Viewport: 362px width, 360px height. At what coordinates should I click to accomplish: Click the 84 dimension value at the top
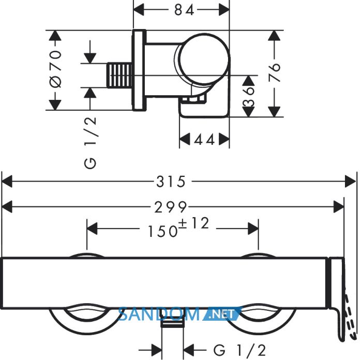coord(184,10)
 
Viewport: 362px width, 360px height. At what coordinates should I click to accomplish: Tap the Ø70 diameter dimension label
coord(56,69)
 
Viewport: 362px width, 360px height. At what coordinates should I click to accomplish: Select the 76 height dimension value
coord(274,72)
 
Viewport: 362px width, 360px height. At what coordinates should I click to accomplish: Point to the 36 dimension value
coord(248,96)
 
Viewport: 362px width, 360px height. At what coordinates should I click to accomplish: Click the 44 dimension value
coord(204,140)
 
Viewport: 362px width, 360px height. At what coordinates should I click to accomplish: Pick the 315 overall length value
coord(171,182)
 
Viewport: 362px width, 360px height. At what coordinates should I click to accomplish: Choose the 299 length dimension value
coord(170,207)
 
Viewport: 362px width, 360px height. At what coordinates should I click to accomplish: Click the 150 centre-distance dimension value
coord(162,231)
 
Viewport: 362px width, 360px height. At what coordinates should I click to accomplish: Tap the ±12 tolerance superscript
coord(194,223)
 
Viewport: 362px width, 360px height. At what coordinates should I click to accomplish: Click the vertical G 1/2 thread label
coord(90,143)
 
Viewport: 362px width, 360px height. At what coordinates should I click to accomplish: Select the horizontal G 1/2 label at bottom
coord(239,351)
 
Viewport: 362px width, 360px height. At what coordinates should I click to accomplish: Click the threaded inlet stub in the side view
coord(119,75)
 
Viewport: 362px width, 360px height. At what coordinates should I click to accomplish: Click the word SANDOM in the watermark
coord(159,314)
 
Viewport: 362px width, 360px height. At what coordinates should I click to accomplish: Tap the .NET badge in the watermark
coord(222,314)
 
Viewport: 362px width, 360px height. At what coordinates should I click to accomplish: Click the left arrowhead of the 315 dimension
coord(7,182)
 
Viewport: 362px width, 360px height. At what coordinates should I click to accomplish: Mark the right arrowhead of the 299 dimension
coord(339,207)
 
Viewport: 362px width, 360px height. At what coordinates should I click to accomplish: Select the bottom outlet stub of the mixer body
coord(172,318)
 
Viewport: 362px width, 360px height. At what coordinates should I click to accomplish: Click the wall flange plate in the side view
coord(139,70)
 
